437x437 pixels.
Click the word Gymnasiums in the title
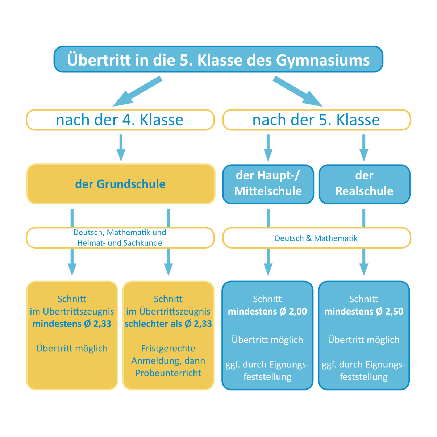(323, 60)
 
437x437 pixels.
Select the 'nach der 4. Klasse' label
(120, 120)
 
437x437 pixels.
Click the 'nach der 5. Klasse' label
(316, 120)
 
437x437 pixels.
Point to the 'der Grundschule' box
(120, 184)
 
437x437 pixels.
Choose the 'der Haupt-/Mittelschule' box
(268, 184)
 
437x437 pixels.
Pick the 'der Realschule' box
(364, 184)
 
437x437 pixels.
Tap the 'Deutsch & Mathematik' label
(316, 238)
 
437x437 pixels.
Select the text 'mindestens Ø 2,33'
(72, 324)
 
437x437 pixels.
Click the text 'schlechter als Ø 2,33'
(168, 324)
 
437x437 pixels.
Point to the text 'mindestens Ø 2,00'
(267, 311)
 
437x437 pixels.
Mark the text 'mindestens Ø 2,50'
(364, 311)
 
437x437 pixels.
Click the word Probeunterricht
(168, 373)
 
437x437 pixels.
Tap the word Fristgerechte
(168, 348)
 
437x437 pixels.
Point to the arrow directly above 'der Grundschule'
(121, 148)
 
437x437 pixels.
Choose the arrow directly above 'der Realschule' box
(364, 148)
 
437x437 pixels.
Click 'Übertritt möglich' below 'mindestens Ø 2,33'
(72, 348)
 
